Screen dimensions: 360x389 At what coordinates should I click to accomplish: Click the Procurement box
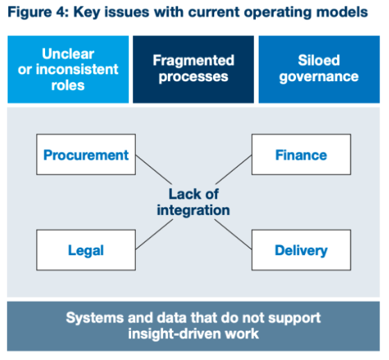(86, 155)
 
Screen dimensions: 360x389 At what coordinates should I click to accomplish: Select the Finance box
(301, 155)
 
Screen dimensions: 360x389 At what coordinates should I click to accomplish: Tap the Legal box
(86, 250)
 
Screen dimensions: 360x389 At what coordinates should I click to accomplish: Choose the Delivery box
(301, 250)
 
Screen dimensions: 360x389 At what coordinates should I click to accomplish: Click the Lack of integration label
(193, 202)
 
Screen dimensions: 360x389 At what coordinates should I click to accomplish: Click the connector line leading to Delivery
(233, 233)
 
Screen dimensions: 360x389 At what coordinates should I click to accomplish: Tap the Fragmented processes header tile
(193, 69)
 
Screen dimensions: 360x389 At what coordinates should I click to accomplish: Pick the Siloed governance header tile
(319, 69)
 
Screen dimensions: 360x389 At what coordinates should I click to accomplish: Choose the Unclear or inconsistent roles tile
(68, 69)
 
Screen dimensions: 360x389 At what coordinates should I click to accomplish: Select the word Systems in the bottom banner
(92, 318)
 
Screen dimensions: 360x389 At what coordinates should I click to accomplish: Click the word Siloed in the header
(319, 60)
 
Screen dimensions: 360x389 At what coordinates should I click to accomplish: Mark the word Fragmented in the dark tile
(193, 60)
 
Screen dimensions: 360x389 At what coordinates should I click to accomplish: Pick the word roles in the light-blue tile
(68, 85)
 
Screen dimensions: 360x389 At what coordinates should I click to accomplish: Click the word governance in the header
(319, 76)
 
